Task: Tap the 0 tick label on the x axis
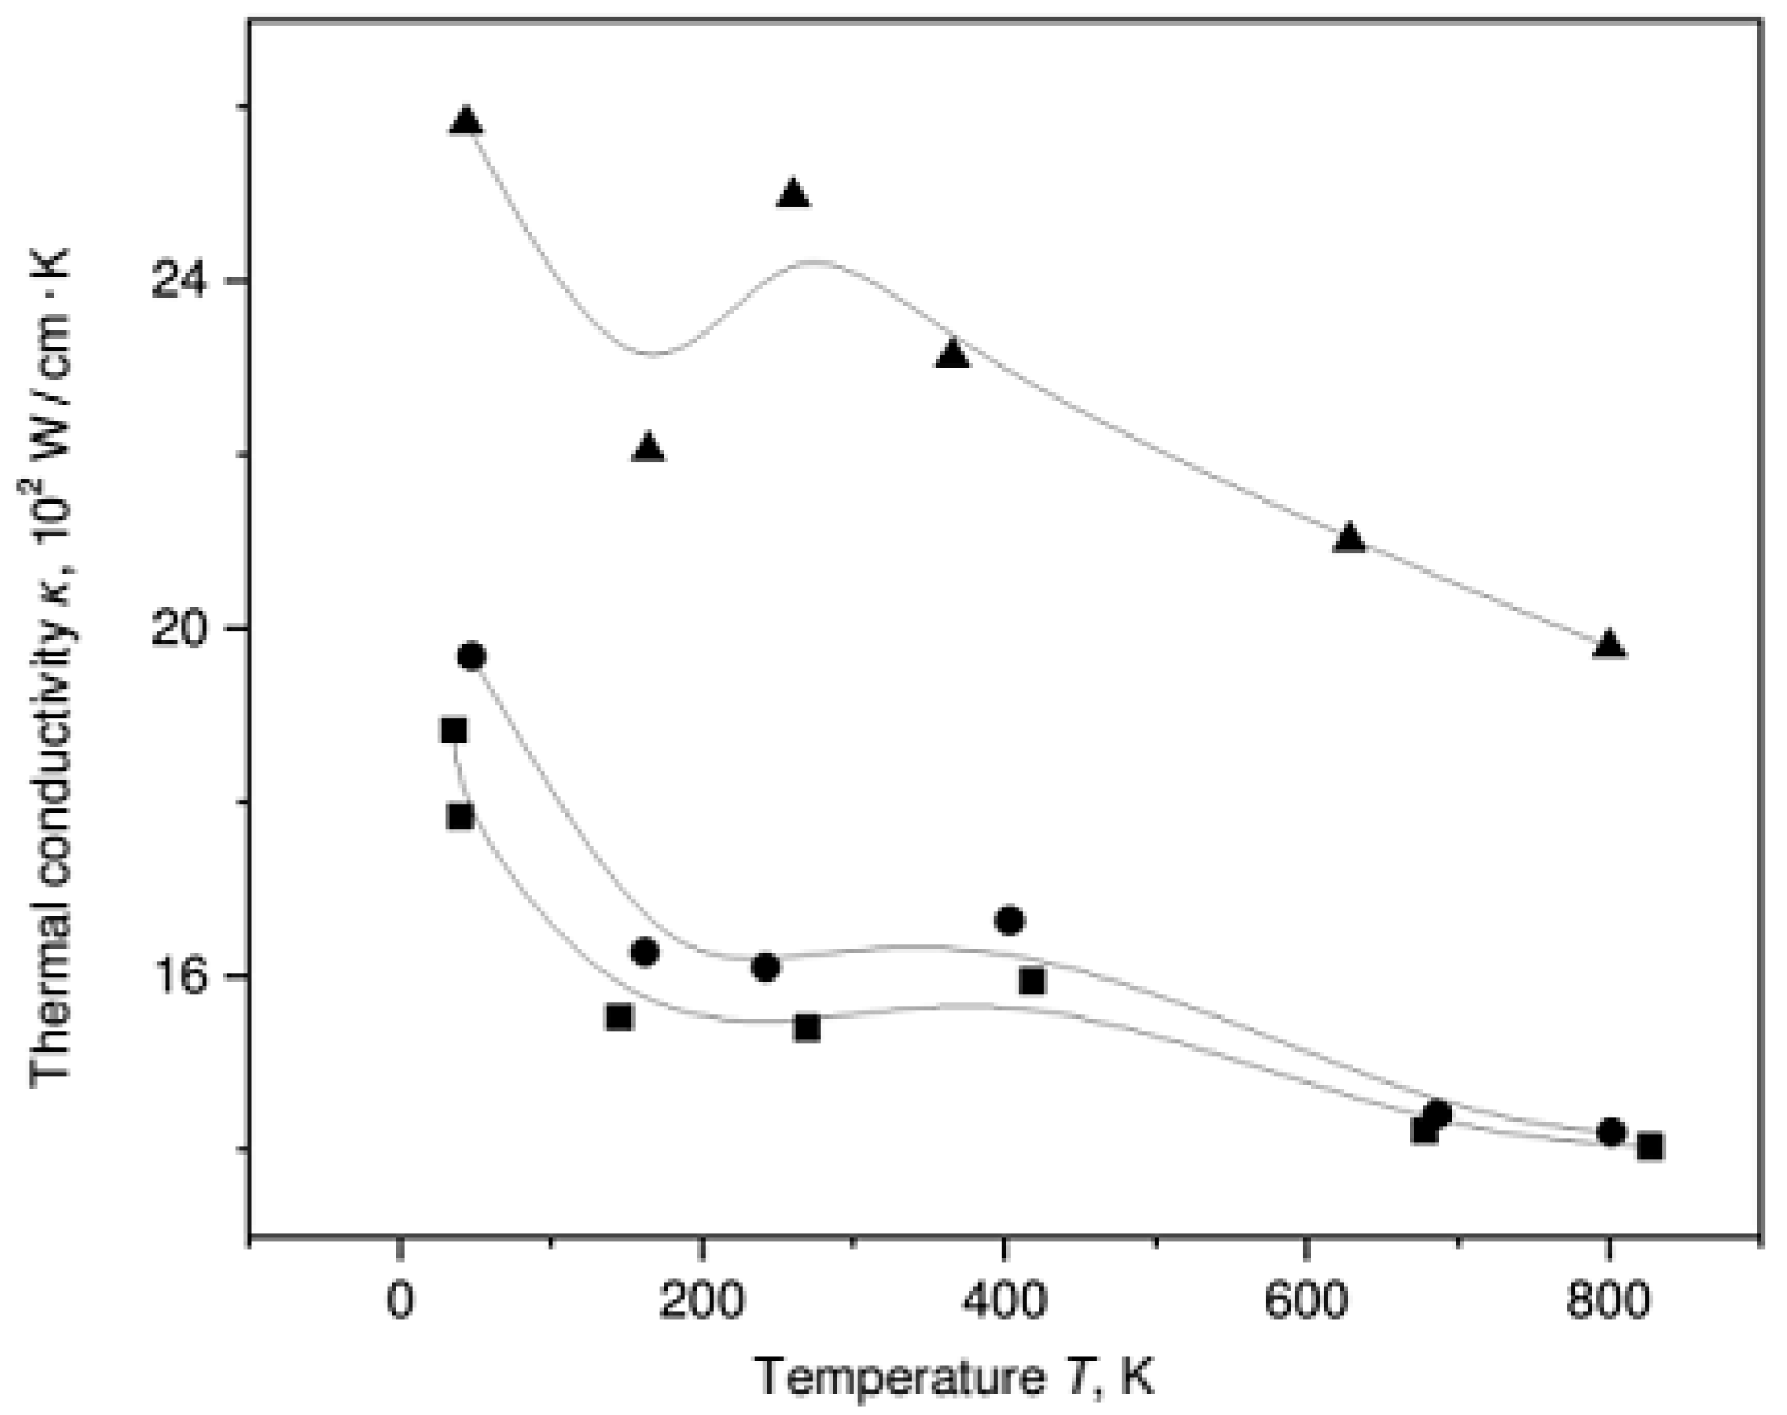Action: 399,1303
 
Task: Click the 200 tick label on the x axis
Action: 701,1303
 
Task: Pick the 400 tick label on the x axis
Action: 1004,1303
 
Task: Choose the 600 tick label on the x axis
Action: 1306,1303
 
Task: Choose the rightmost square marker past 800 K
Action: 1650,1146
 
